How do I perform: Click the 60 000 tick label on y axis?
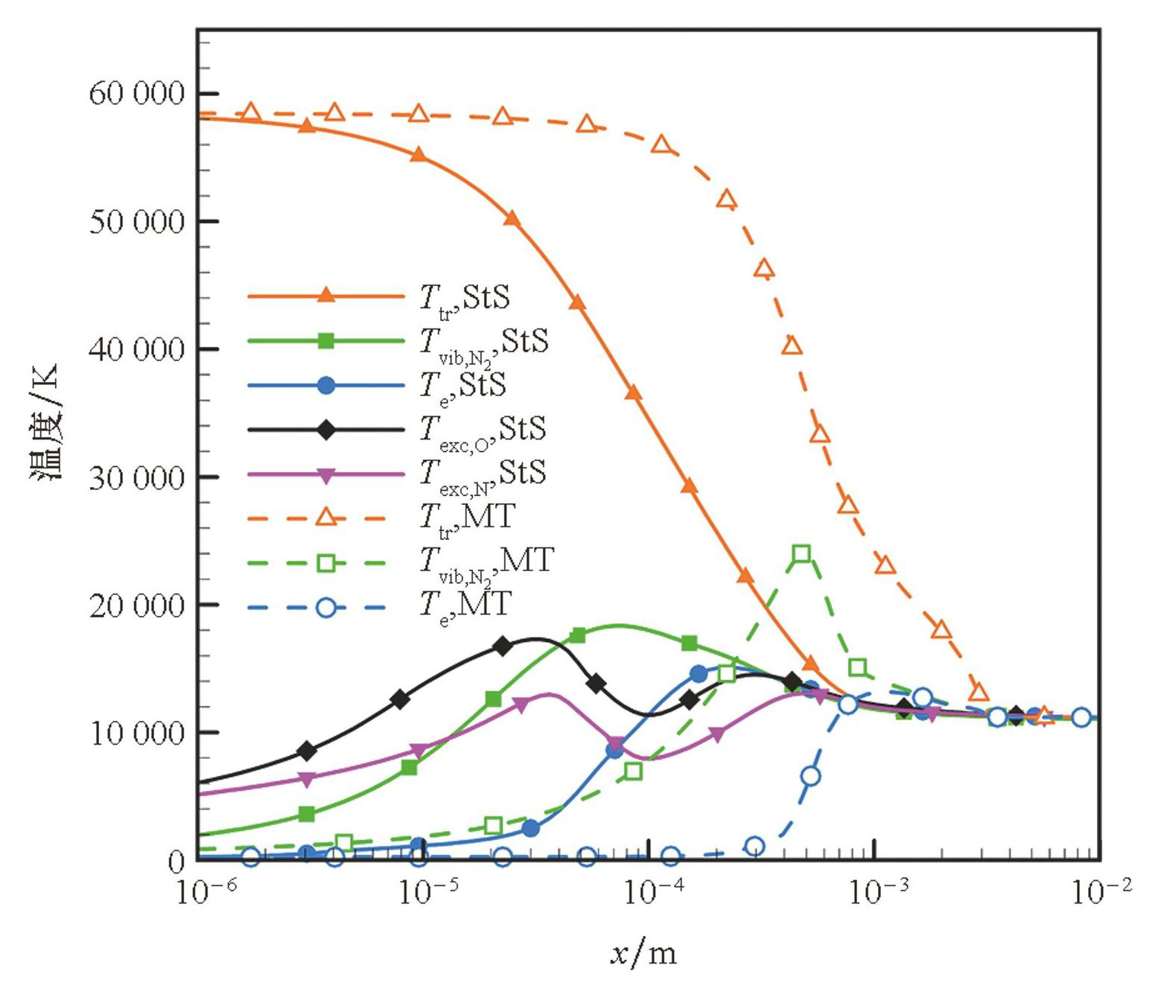point(136,94)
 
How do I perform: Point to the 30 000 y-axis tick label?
point(136,477)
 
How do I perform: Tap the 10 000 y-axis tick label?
point(136,734)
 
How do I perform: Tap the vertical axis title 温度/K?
point(46,422)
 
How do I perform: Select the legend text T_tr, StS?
point(465,298)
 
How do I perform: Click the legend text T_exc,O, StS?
point(483,430)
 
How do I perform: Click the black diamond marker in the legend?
point(325,430)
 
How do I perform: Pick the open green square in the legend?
point(325,563)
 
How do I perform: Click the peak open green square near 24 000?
point(801,553)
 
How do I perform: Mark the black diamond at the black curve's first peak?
point(503,646)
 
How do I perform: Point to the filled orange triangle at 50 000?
point(512,218)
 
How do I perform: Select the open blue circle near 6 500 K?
point(810,776)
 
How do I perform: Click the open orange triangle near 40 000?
point(792,346)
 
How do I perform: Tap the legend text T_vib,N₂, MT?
point(486,562)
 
